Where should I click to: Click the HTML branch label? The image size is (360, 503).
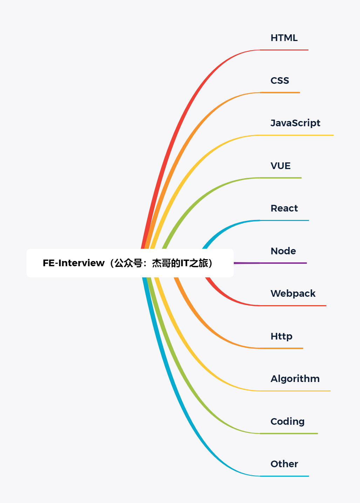pos(284,38)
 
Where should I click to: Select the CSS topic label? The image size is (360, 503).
pos(280,80)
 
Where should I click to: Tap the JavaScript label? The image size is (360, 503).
pos(296,123)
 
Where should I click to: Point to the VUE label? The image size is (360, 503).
pos(280,166)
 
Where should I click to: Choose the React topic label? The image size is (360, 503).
pos(284,208)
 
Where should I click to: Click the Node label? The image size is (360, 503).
pos(283,251)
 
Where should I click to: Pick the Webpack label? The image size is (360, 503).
pos(293,294)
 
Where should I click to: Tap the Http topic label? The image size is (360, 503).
pos(281,336)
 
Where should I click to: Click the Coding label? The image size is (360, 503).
pos(287,422)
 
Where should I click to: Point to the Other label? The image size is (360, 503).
pos(284,464)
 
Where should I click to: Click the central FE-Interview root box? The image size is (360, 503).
pos(130,263)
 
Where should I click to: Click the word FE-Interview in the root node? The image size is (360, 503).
pos(74,263)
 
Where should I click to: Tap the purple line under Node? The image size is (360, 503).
pos(270,263)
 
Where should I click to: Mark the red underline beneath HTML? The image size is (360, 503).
pos(284,50)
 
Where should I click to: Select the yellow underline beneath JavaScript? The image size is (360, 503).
pos(297,135)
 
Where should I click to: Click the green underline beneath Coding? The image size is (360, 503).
pos(289,434)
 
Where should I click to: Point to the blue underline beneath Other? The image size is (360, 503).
pos(284,476)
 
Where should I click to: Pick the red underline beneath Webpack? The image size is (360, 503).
pos(293,306)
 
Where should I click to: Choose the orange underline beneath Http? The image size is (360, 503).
pos(281,348)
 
